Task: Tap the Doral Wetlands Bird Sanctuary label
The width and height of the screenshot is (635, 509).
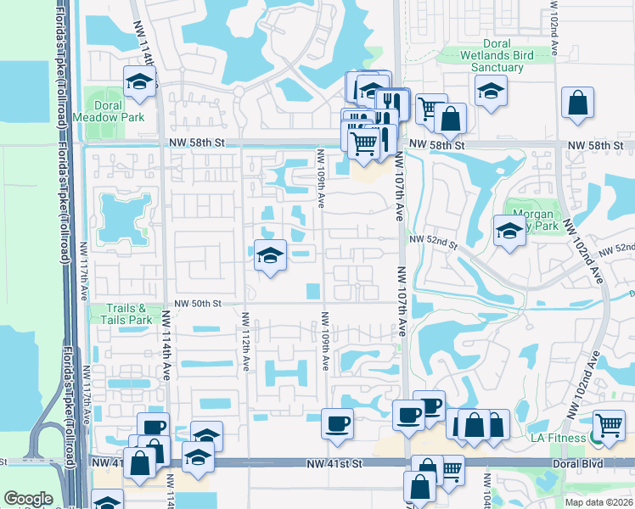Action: [485, 55]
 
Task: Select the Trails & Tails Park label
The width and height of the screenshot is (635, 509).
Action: [129, 314]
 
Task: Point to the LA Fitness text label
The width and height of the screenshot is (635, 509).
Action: [559, 437]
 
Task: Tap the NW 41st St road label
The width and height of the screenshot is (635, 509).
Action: [335, 464]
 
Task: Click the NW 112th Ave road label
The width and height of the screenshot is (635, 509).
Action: [245, 340]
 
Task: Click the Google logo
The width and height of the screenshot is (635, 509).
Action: [28, 499]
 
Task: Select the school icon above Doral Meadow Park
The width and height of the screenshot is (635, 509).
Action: [139, 82]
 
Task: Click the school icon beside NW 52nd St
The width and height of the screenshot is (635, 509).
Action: [509, 230]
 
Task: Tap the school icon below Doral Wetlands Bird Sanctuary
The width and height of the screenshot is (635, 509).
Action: [491, 90]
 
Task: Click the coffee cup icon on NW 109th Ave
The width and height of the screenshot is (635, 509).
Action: [337, 422]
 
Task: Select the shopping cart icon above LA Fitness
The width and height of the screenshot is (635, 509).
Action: [609, 424]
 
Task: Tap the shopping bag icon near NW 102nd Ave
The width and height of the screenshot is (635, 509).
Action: [577, 103]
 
